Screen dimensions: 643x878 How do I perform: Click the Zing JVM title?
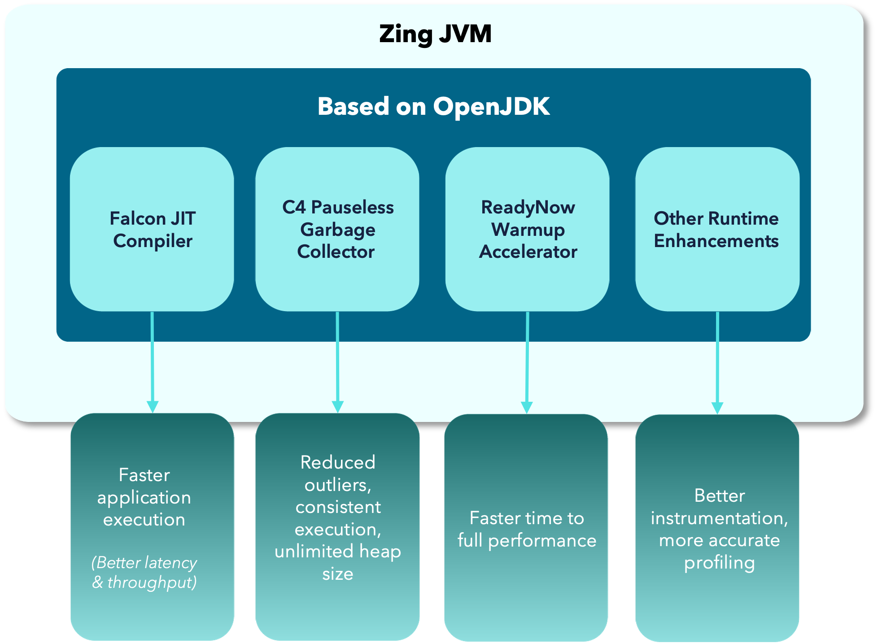pyautogui.click(x=435, y=34)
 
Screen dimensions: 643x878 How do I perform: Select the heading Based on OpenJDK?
pyautogui.click(x=433, y=107)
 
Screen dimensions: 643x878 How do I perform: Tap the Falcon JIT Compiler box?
pyautogui.click(x=152, y=229)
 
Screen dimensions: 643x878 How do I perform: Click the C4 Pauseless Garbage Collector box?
pyautogui.click(x=337, y=229)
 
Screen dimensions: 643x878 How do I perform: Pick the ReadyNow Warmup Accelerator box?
pyautogui.click(x=528, y=229)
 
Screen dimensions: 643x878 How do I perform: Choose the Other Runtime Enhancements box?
pyautogui.click(x=717, y=229)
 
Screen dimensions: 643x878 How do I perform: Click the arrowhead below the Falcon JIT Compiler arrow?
pyautogui.click(x=153, y=406)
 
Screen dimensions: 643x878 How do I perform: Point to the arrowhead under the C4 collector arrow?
pyautogui.click(x=338, y=406)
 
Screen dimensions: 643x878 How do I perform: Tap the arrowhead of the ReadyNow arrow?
pyautogui.click(x=527, y=407)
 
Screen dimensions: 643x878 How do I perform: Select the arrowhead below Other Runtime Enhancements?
pyautogui.click(x=717, y=408)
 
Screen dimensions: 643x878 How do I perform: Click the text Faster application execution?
pyautogui.click(x=144, y=497)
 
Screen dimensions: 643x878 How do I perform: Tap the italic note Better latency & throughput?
pyautogui.click(x=144, y=572)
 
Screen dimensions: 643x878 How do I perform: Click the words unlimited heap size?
pyautogui.click(x=337, y=562)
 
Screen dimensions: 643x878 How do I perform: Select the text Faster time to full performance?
pyautogui.click(x=527, y=529)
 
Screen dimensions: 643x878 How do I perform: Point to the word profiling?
pyautogui.click(x=719, y=563)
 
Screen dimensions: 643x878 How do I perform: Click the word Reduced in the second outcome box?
pyautogui.click(x=337, y=462)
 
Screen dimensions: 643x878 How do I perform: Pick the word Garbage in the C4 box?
pyautogui.click(x=337, y=230)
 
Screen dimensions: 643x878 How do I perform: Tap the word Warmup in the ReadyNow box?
pyautogui.click(x=528, y=230)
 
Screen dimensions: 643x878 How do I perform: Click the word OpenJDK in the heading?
pyautogui.click(x=491, y=107)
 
